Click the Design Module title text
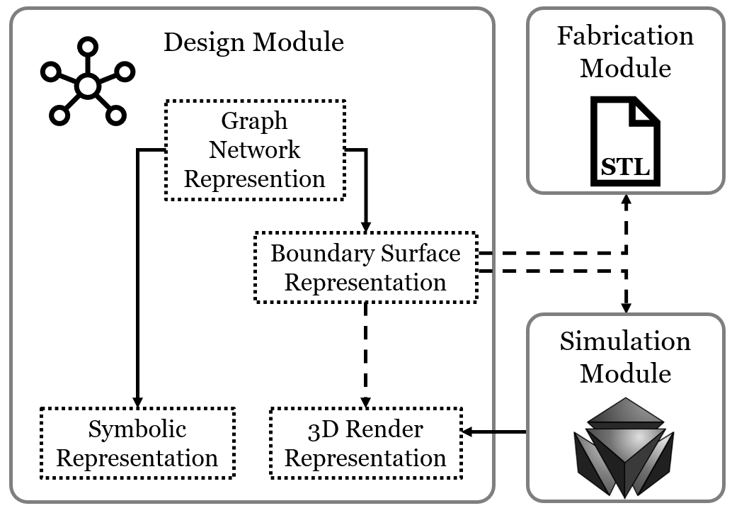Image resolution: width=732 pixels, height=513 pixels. point(253,43)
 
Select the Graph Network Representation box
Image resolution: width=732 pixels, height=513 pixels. point(254,150)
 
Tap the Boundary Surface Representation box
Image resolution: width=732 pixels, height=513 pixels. point(365,267)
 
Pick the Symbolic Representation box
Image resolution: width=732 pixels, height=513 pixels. point(137,443)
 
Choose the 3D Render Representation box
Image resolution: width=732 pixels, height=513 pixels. point(365,443)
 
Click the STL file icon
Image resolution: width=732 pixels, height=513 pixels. point(626,141)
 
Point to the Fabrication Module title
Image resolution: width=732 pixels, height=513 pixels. point(625,52)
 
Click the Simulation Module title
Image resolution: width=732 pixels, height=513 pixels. point(625,357)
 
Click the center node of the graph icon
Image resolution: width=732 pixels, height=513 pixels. point(87,86)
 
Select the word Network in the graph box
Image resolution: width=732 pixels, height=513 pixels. point(254,150)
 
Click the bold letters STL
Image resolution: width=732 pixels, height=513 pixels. point(625,168)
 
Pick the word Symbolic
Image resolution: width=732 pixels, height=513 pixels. point(137,429)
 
